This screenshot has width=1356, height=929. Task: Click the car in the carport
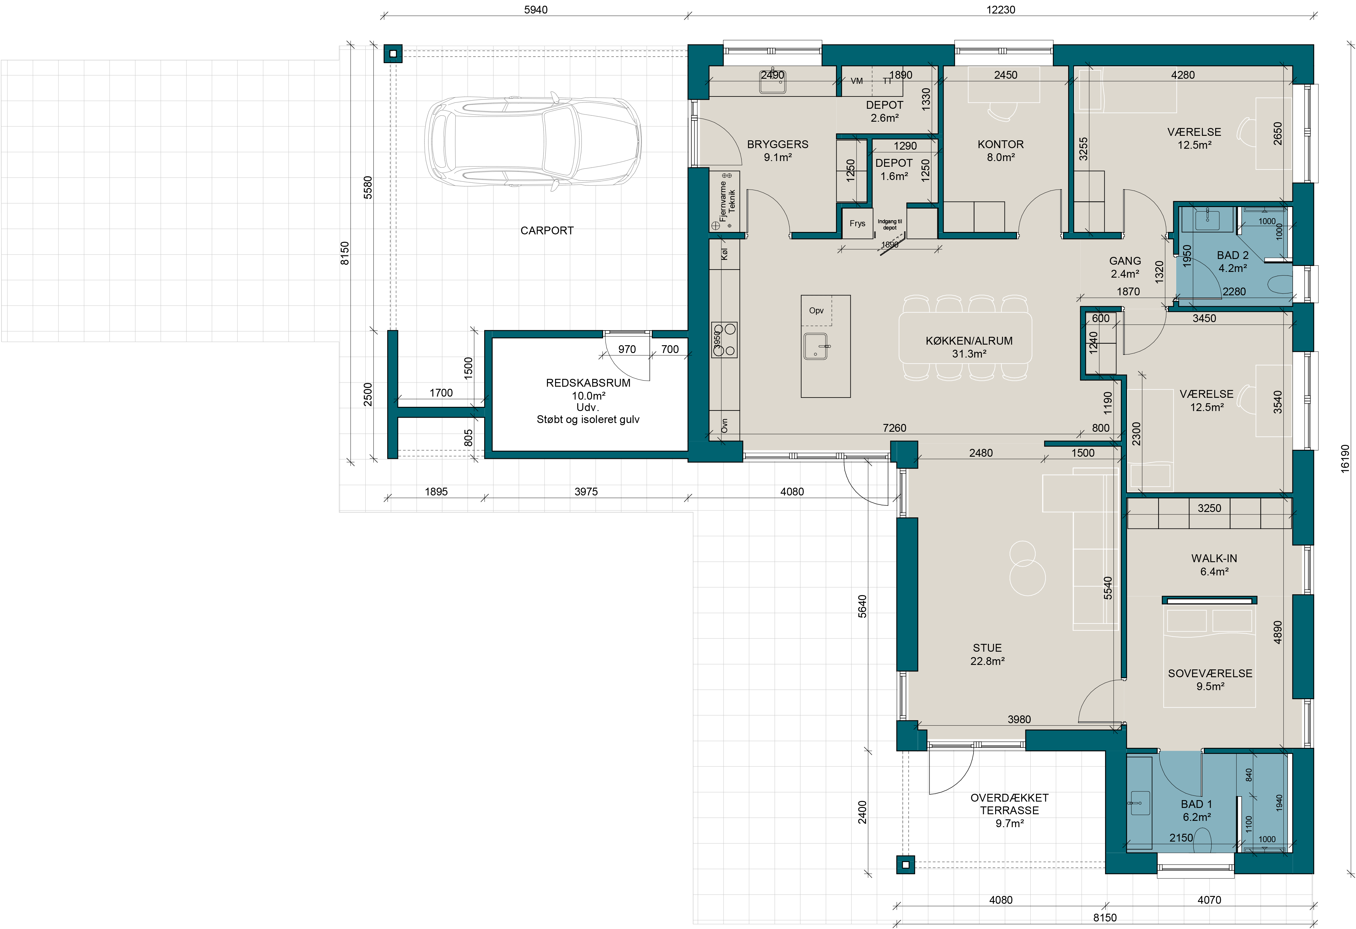[x=533, y=142]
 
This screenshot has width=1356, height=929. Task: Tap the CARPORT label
[x=547, y=231]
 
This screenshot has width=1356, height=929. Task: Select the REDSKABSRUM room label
[x=588, y=383]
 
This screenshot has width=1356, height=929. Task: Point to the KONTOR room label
[x=1001, y=144]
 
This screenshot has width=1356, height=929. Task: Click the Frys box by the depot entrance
[x=857, y=223]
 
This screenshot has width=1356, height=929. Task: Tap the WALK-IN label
[x=1214, y=558]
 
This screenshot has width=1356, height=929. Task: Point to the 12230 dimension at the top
[x=1001, y=10]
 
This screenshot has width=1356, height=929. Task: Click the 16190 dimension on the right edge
[x=1345, y=458]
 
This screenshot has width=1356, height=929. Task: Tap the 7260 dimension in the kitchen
[x=895, y=428]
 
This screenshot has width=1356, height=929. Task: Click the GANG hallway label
[x=1125, y=261]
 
